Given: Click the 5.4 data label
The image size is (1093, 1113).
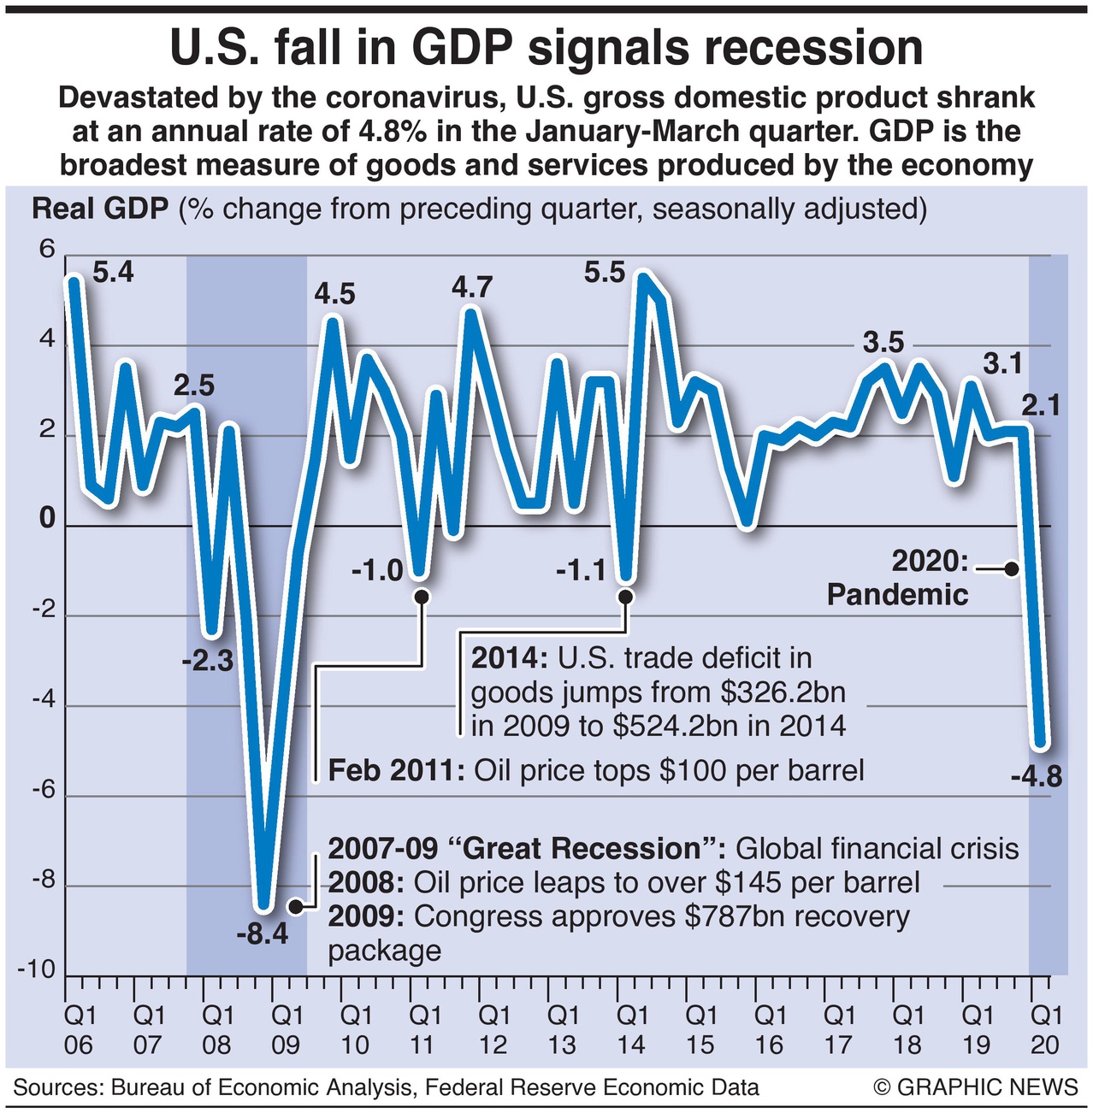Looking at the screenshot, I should pyautogui.click(x=113, y=273).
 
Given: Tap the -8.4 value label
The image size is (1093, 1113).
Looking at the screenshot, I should pyautogui.click(x=263, y=934).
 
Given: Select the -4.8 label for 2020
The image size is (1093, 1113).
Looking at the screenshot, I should pyautogui.click(x=1036, y=776).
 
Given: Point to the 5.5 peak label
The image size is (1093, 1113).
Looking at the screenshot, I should pyautogui.click(x=605, y=273).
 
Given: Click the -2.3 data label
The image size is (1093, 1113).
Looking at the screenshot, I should pyautogui.click(x=208, y=660).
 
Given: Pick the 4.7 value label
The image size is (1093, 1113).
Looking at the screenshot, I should pyautogui.click(x=472, y=287).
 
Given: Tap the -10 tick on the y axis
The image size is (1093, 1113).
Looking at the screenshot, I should pyautogui.click(x=36, y=970).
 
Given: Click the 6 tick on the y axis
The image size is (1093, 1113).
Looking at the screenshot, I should pyautogui.click(x=46, y=250).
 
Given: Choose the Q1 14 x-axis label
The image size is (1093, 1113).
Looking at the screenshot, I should pyautogui.click(x=631, y=1030).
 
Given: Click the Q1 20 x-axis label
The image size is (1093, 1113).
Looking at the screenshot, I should pyautogui.click(x=1045, y=1030).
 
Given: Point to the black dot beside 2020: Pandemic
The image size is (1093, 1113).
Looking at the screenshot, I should pyautogui.click(x=1012, y=568).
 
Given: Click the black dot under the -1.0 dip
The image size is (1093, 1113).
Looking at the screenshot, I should pyautogui.click(x=421, y=597).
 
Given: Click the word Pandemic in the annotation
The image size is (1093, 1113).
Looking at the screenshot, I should pyautogui.click(x=897, y=595).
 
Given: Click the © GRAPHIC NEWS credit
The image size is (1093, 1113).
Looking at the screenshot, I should pyautogui.click(x=976, y=1087).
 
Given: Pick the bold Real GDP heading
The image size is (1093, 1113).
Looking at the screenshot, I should pyautogui.click(x=100, y=209).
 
